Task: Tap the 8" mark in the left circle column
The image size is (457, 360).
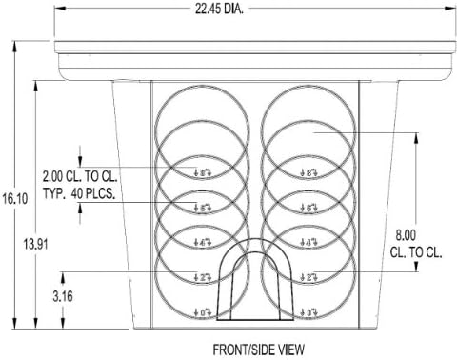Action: tap(202, 172)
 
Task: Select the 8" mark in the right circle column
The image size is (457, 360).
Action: tap(308, 172)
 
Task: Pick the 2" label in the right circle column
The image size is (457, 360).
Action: tap(308, 277)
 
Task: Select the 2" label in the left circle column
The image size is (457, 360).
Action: tap(202, 277)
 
